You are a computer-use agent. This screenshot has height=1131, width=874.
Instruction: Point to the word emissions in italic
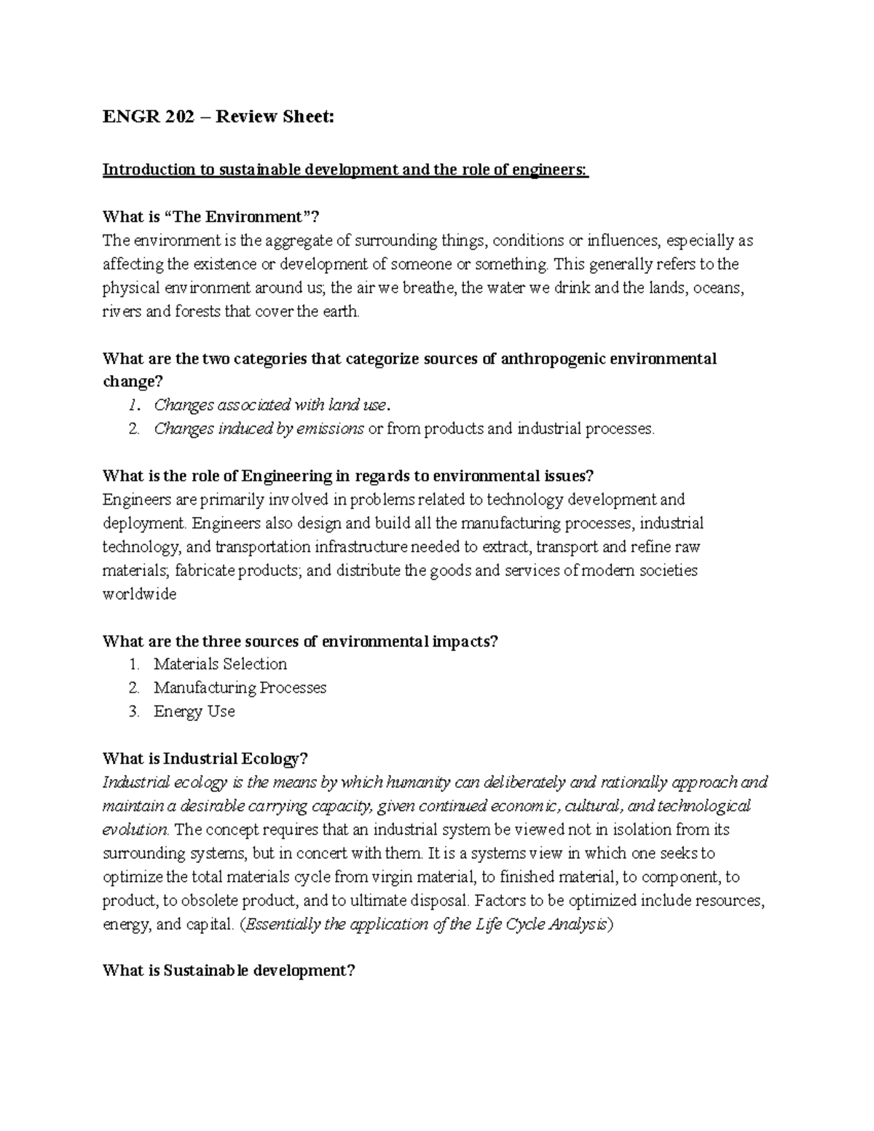tap(330, 429)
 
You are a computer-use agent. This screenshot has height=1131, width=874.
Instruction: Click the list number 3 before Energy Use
tap(134, 712)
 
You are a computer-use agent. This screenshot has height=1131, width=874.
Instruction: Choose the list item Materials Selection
tap(220, 664)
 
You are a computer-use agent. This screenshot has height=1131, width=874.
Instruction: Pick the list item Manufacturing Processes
tap(240, 688)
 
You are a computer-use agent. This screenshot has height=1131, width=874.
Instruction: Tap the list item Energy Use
tap(194, 712)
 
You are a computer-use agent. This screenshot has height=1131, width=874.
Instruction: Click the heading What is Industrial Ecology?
tap(206, 759)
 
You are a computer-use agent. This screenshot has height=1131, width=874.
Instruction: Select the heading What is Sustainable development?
tap(229, 971)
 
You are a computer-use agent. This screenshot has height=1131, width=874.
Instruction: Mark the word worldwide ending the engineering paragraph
tap(140, 594)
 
